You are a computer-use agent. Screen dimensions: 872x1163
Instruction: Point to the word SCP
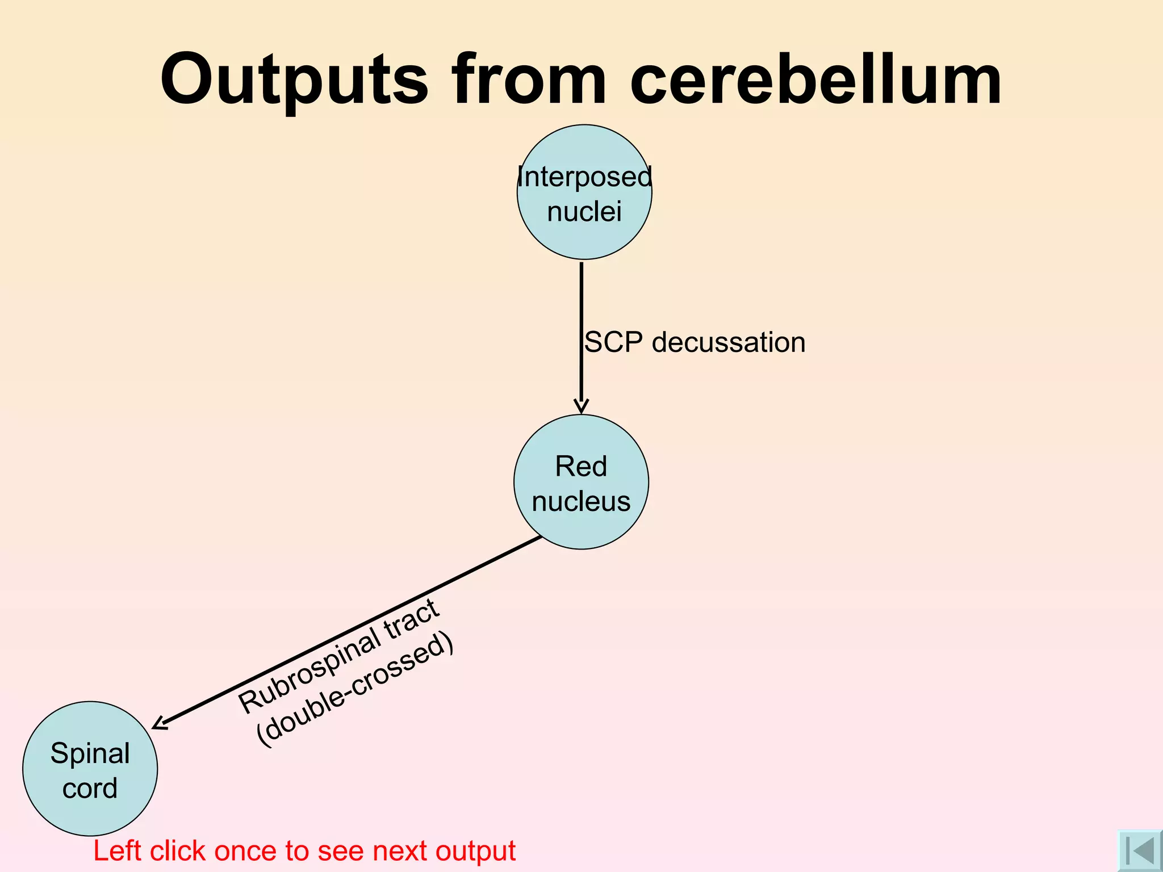coord(613,342)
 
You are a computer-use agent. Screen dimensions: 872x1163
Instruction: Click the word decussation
coord(729,342)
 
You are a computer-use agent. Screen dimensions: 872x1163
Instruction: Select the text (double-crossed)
coord(355,689)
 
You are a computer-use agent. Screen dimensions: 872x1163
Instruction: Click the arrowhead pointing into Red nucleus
coord(581,405)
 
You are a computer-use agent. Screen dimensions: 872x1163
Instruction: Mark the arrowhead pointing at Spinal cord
coord(160,723)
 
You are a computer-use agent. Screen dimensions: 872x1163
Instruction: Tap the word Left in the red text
coord(117,851)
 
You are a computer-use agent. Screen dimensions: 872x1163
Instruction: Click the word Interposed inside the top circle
coord(584,177)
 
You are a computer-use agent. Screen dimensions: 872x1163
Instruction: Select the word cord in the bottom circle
coord(90,788)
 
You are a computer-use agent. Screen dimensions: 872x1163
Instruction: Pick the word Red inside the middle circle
coord(581,467)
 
